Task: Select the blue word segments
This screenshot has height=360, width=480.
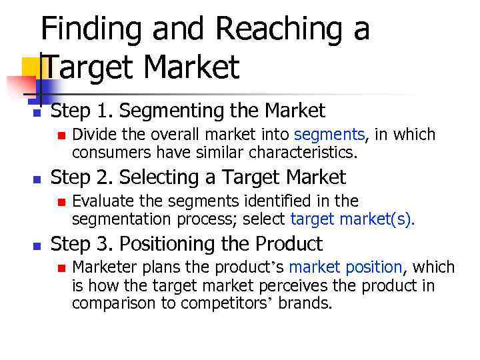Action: pyautogui.click(x=329, y=135)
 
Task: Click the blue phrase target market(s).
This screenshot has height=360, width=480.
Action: pyautogui.click(x=353, y=219)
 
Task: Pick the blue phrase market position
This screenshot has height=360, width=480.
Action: pyautogui.click(x=345, y=268)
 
